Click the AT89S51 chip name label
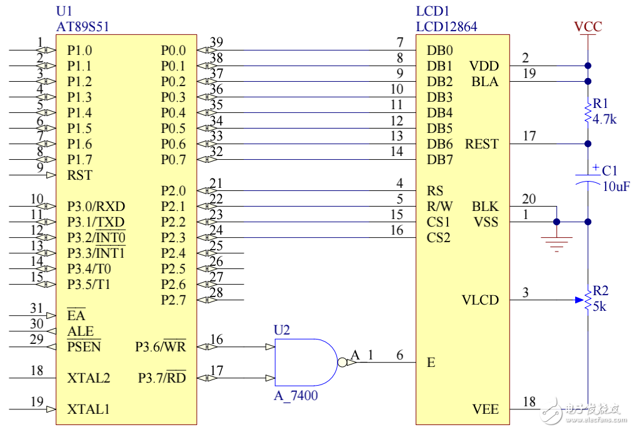pos(83,27)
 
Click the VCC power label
pos(588,27)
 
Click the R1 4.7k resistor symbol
pos(588,113)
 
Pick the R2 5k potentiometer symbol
pos(588,300)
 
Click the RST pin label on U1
pos(79,175)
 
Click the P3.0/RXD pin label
pos(96,207)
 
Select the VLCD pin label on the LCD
pos(480,300)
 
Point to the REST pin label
pos(481,144)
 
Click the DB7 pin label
pos(439,160)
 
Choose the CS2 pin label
pos(438,238)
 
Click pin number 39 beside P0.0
pos(216,42)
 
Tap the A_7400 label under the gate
pos(296,396)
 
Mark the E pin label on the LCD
pos(431,363)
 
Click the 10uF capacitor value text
pos(616,187)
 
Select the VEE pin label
pos(486,409)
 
